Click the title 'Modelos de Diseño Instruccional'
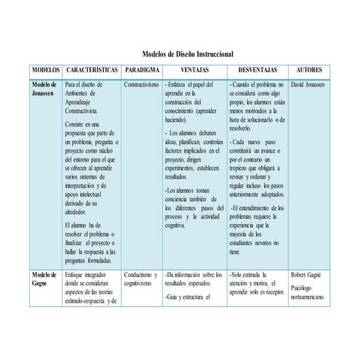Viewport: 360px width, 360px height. pos(187,55)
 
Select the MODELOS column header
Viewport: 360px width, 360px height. pos(45,71)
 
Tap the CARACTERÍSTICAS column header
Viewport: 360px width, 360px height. pos(92,71)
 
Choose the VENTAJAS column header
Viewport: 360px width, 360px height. pos(192,71)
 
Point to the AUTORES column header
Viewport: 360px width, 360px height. pos(309,71)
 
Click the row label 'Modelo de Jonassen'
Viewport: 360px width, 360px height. pos(43,89)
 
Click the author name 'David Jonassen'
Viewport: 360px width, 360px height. pos(308,84)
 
